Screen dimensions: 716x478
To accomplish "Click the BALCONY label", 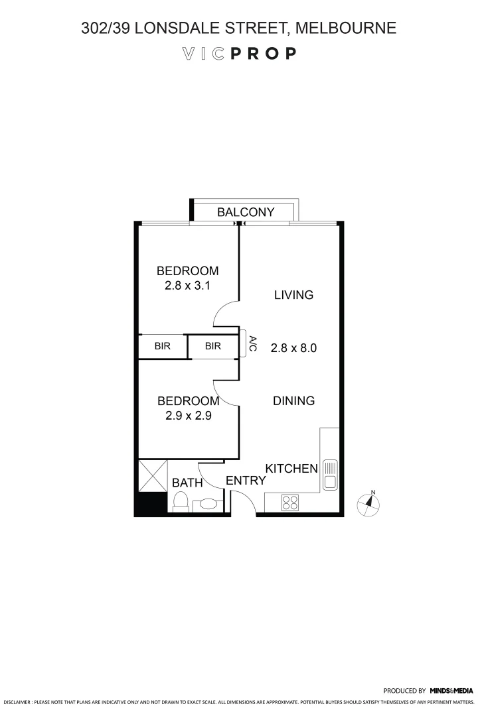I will click(246, 212).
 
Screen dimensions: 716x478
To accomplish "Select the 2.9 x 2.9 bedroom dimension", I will click(188, 416).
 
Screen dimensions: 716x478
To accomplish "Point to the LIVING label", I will click(293, 295).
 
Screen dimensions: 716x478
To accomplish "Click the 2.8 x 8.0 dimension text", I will click(293, 347).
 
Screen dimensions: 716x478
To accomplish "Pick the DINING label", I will click(293, 401).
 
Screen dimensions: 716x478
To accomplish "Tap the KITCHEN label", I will click(291, 469).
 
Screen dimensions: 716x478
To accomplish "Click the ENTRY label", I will click(246, 481).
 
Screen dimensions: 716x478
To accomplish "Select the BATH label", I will click(187, 483).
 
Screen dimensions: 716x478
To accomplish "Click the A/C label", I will click(252, 345).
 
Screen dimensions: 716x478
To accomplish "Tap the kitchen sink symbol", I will click(330, 474).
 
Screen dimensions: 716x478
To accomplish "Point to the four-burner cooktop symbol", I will click(290, 502).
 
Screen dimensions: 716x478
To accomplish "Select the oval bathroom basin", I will click(208, 504).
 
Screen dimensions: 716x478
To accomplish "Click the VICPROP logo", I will click(239, 54).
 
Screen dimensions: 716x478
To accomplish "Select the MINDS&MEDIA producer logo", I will click(451, 690).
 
